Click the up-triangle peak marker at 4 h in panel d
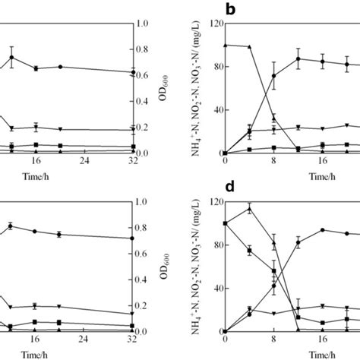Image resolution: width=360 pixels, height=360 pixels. click(249, 209)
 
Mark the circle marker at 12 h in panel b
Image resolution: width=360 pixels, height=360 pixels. click(298, 58)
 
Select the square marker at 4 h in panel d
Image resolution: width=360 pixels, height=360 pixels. click(249, 251)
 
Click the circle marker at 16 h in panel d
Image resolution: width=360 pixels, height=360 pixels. click(323, 230)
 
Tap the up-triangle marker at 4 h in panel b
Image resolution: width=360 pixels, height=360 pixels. click(249, 47)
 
